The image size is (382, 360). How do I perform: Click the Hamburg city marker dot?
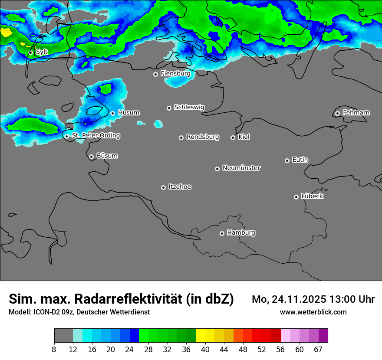[x=222, y=233]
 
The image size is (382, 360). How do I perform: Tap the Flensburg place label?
[x=175, y=74]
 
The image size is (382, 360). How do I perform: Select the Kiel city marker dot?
[x=233, y=137]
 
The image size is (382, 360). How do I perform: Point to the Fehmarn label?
[x=356, y=113]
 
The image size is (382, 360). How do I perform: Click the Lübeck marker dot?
[x=296, y=197]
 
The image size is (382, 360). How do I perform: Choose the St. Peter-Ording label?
[x=96, y=136]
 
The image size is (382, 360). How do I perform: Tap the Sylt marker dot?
[x=30, y=52]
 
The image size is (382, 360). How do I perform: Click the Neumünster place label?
[x=241, y=168]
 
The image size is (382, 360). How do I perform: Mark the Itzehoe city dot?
[x=163, y=187]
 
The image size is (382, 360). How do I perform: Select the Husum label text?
[x=128, y=113]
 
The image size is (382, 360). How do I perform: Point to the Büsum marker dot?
[x=91, y=157]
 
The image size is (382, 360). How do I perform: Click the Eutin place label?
[x=300, y=160]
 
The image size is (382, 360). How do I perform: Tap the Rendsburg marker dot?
[x=181, y=137]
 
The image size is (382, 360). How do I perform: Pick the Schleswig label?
[x=189, y=107]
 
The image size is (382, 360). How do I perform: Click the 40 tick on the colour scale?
[x=205, y=350]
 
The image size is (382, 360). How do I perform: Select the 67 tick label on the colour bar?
[x=318, y=350]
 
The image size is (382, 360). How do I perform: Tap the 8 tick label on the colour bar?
[x=54, y=350]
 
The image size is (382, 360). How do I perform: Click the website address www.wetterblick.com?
[x=313, y=312]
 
